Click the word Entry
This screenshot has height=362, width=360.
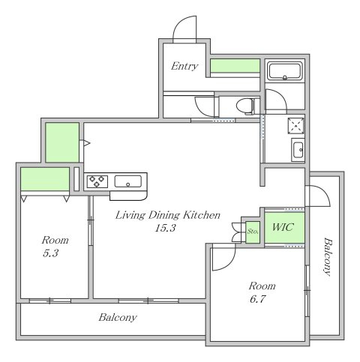184,66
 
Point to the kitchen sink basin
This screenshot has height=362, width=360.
127,181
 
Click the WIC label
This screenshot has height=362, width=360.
283,227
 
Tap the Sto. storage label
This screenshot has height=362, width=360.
253,232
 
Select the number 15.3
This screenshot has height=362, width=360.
165,228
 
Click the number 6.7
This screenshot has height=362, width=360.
257,299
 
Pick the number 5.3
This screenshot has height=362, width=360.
50,253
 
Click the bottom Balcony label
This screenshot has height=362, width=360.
118,318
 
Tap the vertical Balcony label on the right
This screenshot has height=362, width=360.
328,256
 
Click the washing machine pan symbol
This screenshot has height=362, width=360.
296,126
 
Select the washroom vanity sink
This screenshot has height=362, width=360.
298,150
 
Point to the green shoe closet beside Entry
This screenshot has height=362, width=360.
235,66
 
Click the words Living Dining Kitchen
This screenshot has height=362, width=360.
167,215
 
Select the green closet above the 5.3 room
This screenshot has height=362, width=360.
45,179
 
